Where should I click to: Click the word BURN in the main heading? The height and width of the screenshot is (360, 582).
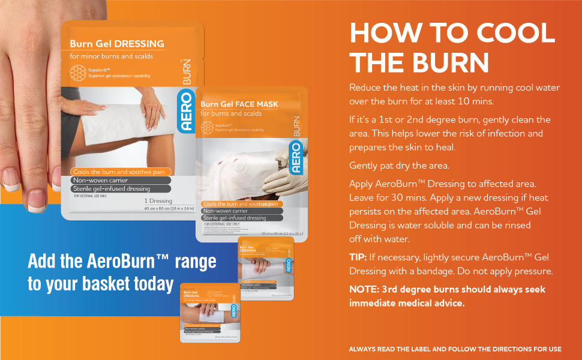click(x=449, y=62)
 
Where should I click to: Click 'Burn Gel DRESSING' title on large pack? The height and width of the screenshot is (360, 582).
click(x=116, y=44)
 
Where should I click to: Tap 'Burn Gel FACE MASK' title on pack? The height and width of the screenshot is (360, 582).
click(x=239, y=104)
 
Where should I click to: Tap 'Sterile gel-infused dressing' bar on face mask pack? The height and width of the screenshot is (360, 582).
click(x=235, y=218)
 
